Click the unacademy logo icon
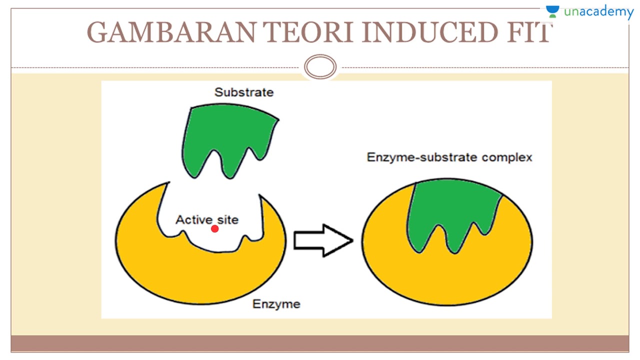pos(552,11)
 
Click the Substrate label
pos(244,92)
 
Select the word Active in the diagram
pos(193,219)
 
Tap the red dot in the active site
pos(215,229)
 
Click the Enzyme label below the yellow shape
pos(276,303)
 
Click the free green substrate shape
pos(225,135)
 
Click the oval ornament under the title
pos(320,67)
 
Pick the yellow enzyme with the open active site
pos(200,270)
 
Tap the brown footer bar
pos(320,343)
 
